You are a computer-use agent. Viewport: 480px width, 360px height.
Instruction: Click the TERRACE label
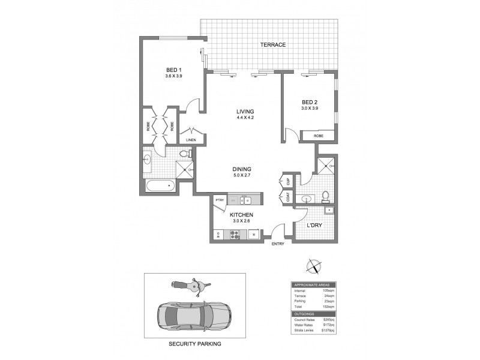[273, 45]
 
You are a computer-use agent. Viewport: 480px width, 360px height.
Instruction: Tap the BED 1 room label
[173, 70]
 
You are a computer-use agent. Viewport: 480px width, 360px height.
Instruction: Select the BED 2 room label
[310, 101]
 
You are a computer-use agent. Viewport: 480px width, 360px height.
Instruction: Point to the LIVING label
[245, 111]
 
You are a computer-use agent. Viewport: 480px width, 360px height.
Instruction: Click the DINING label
[242, 169]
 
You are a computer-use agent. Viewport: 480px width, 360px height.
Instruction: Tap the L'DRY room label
[315, 226]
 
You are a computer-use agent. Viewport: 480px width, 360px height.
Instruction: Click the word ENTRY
[278, 244]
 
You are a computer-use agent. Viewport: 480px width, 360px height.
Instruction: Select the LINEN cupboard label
[191, 140]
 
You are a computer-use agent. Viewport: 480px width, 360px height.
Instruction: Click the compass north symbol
[313, 266]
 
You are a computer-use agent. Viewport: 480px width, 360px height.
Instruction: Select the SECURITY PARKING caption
[194, 344]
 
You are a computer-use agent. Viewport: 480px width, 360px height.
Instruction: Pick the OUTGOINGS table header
[304, 314]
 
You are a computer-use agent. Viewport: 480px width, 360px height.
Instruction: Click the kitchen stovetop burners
[233, 235]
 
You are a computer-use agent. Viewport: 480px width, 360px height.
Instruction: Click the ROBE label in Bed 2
[318, 136]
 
